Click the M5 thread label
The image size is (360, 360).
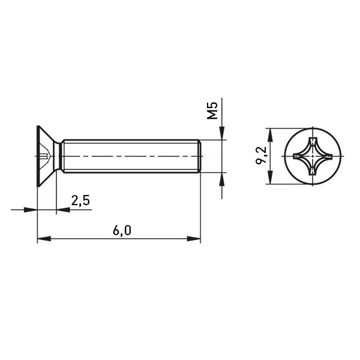[x=212, y=110]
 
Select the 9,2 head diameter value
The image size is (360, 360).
[x=261, y=155]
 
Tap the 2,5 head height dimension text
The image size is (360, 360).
[x=80, y=200]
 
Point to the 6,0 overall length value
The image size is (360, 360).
[x=122, y=230]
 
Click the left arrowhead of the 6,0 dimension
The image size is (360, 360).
[x=44, y=239]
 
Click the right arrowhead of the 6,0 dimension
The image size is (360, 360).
[x=194, y=239]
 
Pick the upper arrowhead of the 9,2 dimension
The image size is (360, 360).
[x=271, y=135]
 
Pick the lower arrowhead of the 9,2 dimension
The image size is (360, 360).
[x=271, y=177]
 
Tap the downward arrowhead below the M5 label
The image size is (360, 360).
[x=222, y=133]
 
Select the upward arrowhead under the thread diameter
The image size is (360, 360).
[x=222, y=179]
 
